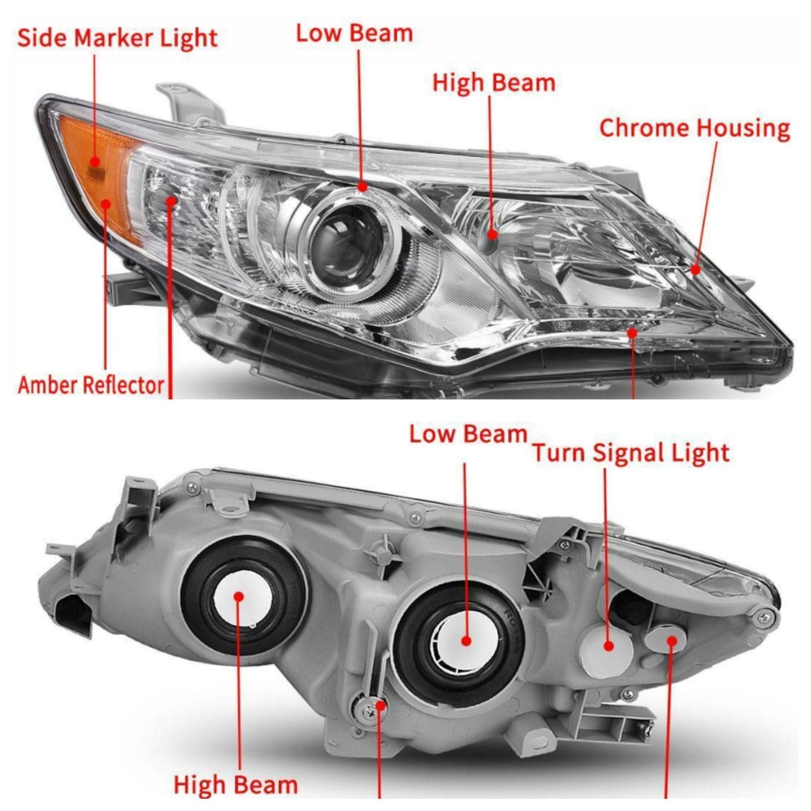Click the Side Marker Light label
[x=117, y=38]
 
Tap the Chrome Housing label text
[x=695, y=129]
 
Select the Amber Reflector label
[x=91, y=385]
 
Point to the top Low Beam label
[x=354, y=34]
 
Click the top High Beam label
[x=493, y=83]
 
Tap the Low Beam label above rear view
[x=468, y=434]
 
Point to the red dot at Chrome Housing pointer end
[x=695, y=270]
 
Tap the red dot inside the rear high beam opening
[x=239, y=597]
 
